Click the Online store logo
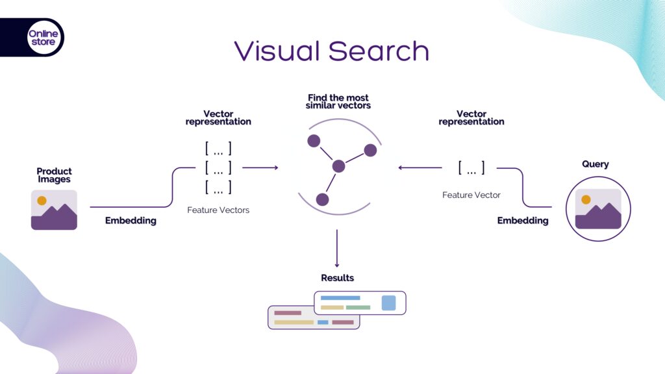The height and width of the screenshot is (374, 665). pos(43,38)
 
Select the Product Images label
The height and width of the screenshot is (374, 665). pos(54,175)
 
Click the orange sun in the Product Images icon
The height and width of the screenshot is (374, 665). pos(42,201)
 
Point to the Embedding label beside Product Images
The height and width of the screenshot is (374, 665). pos(131,221)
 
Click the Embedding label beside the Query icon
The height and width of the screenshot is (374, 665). pos(522,221)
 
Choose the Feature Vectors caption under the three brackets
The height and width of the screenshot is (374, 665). pos(218,210)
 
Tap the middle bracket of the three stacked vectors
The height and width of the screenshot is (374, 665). pos(218,168)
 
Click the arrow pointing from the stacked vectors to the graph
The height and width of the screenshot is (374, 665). pos(260,168)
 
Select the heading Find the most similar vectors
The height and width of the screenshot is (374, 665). pos(338,102)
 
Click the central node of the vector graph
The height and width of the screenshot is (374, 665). pos(338,166)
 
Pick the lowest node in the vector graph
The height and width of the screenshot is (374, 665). pos(322,199)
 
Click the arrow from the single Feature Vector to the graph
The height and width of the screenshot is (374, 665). pos(420,168)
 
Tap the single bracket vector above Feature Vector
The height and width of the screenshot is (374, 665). pos(471,168)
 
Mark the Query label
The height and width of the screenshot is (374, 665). pos(595,164)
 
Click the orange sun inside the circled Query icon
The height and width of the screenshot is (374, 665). pos(586,199)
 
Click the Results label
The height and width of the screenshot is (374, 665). pos(337,278)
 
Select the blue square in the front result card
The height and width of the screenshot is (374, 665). pos(388,303)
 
